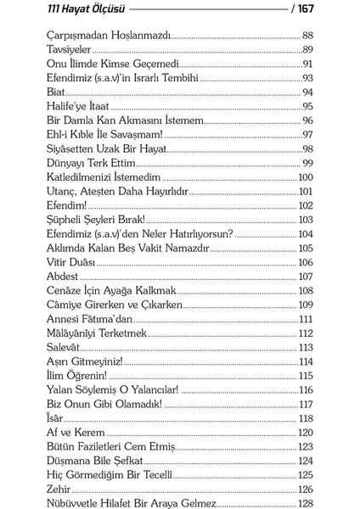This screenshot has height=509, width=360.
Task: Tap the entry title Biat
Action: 57,92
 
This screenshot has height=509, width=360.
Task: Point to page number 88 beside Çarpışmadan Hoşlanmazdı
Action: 307,36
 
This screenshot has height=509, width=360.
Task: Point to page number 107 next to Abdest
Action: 306,276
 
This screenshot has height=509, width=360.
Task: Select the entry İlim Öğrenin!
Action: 78,375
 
